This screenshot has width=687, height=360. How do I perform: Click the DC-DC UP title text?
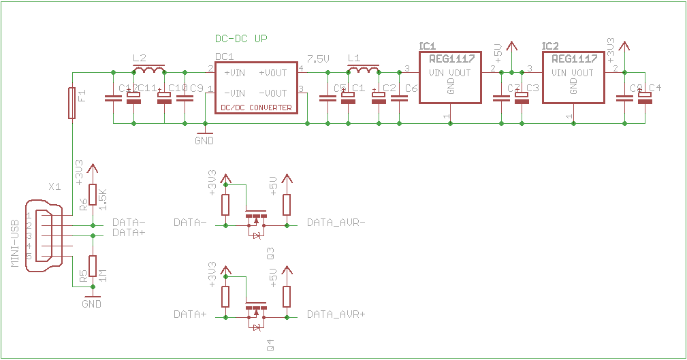point(240,39)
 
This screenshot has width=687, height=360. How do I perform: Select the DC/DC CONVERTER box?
point(256,86)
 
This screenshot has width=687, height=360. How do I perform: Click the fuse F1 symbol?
point(71,103)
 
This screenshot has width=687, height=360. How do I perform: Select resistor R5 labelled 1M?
point(93,266)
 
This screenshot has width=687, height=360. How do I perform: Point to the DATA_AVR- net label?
point(336,223)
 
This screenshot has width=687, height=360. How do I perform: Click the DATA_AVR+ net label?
point(336,314)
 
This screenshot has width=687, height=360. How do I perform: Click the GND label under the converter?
point(204,141)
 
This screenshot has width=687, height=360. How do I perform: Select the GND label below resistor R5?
point(91,304)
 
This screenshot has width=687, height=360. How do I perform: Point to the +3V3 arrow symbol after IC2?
point(624,46)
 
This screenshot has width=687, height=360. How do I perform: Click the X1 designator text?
point(55,186)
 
